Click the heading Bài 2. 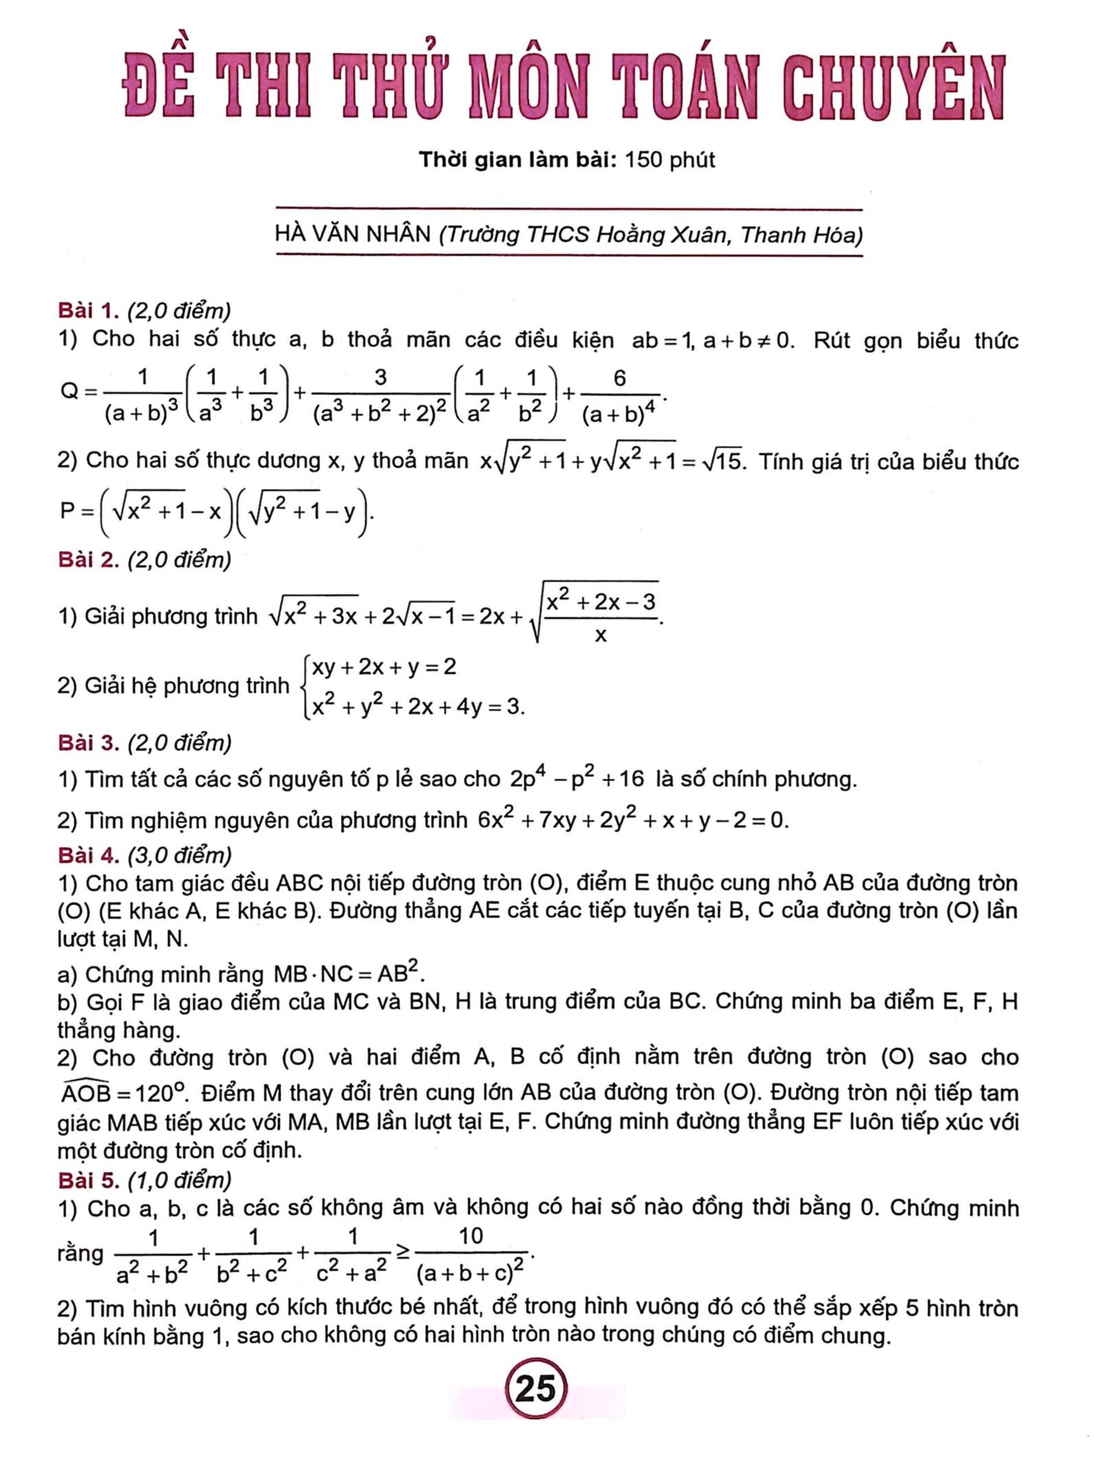88,560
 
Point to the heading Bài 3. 88,743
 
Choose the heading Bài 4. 88,855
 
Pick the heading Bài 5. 88,1180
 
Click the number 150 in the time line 644,160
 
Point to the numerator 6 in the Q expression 620,378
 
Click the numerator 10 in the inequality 471,1237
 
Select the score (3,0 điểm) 180,855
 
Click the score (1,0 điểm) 180,1180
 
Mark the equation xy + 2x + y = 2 383,667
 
